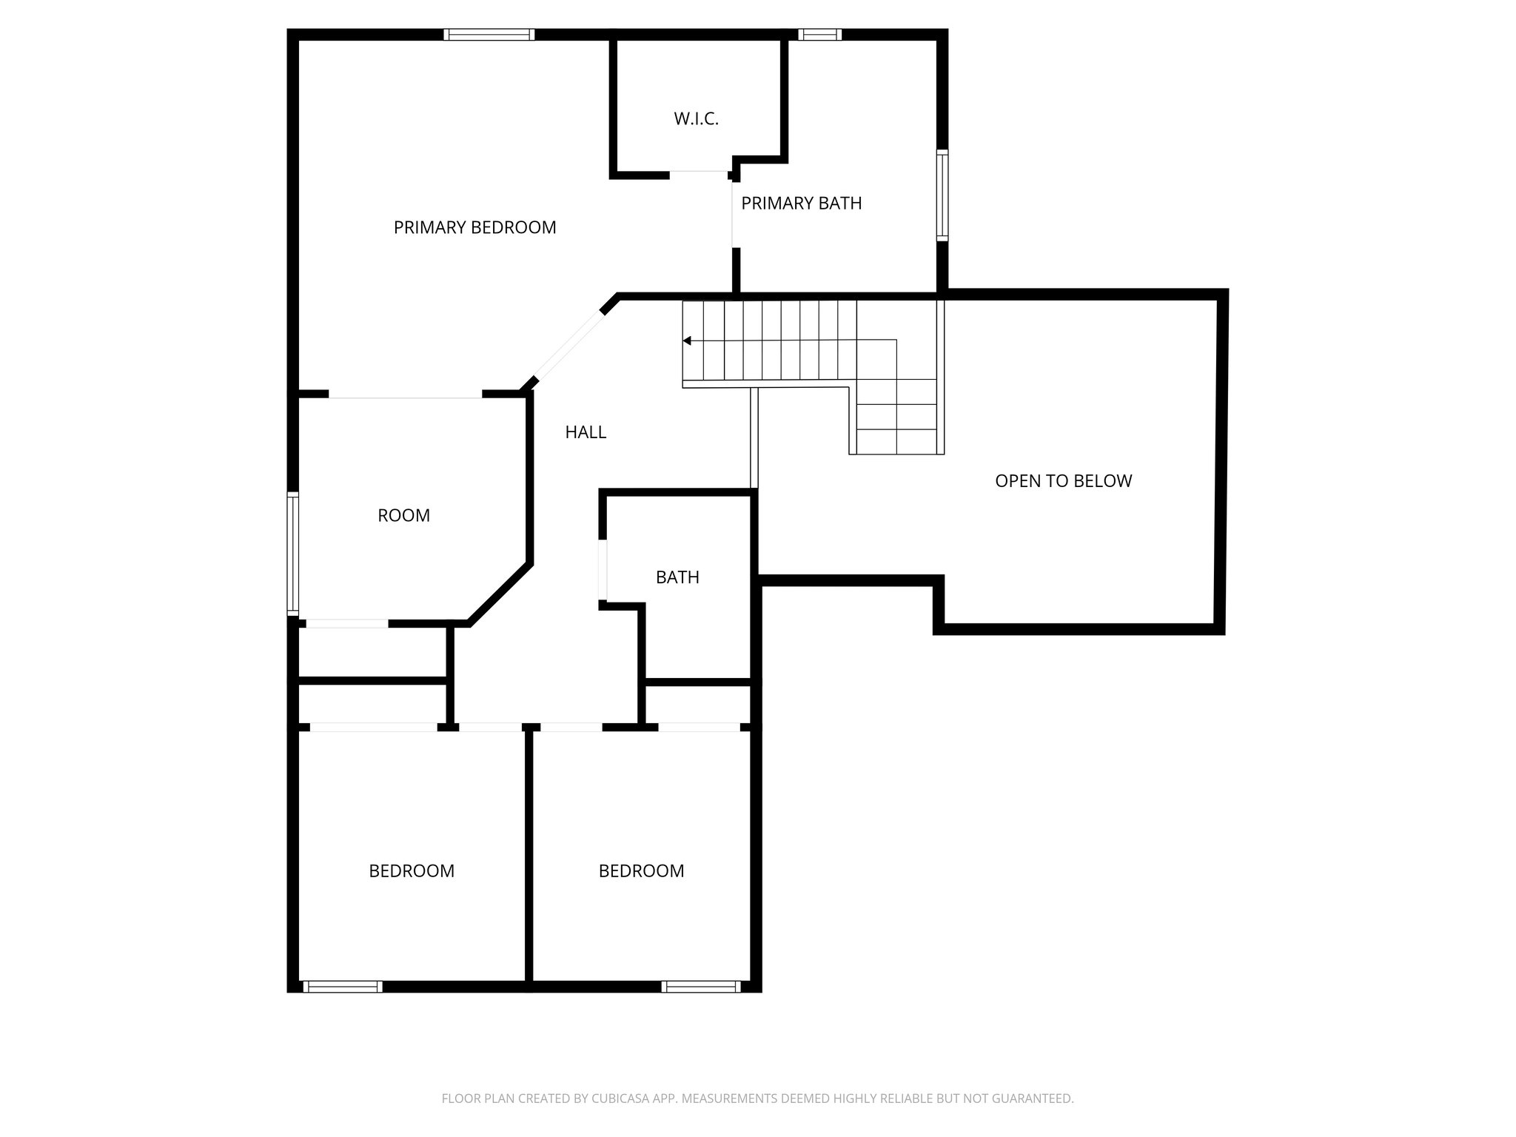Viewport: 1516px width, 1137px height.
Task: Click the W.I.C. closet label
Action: [696, 119]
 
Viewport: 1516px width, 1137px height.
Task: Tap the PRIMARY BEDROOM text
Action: [474, 227]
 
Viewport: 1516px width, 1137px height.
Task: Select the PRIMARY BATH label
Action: [801, 203]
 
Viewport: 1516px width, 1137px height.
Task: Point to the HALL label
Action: [586, 432]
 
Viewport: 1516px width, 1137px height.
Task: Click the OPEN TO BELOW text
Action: [1063, 481]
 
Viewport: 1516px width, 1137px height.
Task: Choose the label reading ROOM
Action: [403, 515]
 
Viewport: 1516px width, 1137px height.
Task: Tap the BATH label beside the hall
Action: [677, 577]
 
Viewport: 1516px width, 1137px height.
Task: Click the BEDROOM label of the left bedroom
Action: [412, 871]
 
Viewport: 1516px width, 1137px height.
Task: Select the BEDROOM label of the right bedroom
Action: [641, 871]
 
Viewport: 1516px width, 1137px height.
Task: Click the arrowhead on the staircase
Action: [687, 341]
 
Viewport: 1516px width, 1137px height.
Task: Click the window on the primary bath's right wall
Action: [942, 195]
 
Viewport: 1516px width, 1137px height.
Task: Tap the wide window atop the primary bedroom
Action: [489, 35]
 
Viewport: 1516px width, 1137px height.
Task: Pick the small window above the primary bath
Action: [819, 35]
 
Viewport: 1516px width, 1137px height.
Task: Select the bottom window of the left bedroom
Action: [342, 986]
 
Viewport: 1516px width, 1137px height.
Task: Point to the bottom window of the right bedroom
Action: [700, 986]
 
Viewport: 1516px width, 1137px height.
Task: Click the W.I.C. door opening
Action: [699, 173]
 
